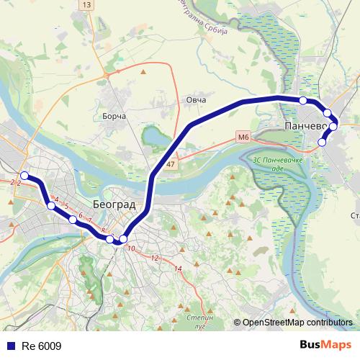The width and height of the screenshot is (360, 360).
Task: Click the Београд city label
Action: click(114, 204)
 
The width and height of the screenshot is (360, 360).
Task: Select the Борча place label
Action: click(114, 116)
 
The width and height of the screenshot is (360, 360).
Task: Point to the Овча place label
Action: click(196, 100)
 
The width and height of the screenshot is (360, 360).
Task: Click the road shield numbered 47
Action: click(170, 165)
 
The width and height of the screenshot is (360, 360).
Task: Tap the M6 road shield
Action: click(243, 136)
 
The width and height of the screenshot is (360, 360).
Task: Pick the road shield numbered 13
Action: click(87, 5)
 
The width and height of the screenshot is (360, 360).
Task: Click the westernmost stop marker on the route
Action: click(24, 176)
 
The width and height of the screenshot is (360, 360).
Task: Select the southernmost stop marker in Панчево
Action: click(322, 143)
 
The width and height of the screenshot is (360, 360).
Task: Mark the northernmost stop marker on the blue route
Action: click(303, 100)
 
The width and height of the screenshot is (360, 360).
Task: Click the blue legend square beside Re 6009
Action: click(9, 346)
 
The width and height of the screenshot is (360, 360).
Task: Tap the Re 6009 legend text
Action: click(42, 346)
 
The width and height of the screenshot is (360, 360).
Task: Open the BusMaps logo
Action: click(325, 346)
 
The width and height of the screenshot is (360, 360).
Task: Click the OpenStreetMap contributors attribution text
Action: click(297, 323)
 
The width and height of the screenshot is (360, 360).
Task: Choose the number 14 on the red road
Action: click(179, 269)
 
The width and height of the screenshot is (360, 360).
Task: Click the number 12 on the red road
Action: click(154, 257)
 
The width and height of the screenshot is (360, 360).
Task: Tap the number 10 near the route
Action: click(130, 248)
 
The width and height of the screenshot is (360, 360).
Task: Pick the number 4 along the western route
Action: click(56, 198)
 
